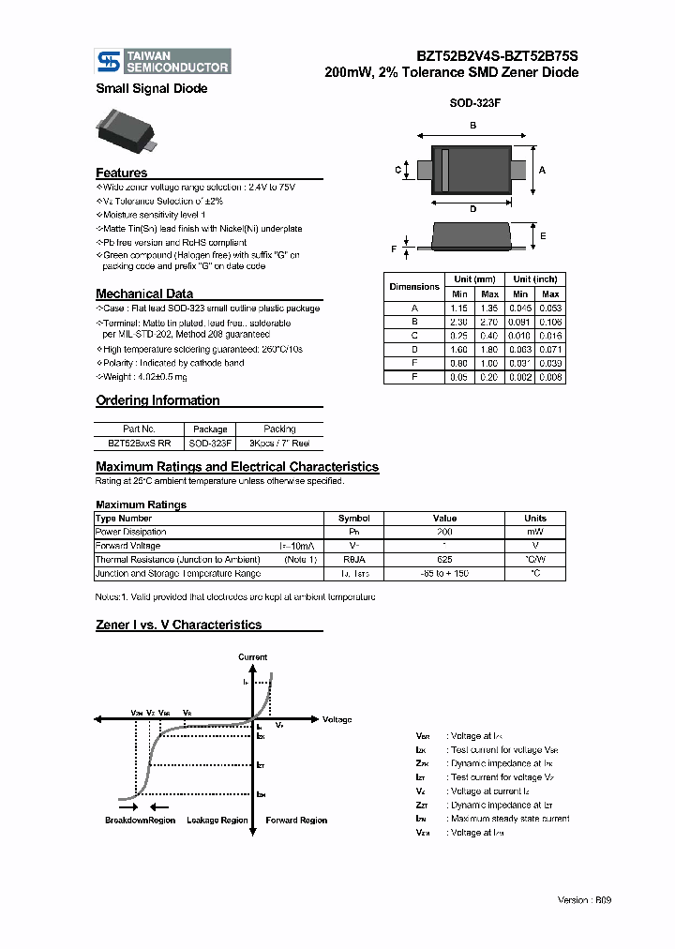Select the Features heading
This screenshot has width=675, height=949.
pos(121,173)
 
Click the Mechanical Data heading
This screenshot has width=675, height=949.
pos(144,294)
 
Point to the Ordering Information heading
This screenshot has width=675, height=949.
pos(157,400)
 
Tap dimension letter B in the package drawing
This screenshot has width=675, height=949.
pos(472,126)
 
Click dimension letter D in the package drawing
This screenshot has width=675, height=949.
pos(472,208)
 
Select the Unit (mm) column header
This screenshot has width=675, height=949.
pos(474,279)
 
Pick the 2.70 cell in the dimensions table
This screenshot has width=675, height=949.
pos(489,320)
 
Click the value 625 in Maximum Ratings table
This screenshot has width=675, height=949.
pos(444,559)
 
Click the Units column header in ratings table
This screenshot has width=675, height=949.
pos(535,518)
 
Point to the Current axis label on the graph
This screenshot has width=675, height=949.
pos(252,657)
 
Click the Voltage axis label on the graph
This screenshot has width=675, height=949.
pos(337,720)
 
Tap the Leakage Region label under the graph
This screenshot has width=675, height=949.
pos(217,821)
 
